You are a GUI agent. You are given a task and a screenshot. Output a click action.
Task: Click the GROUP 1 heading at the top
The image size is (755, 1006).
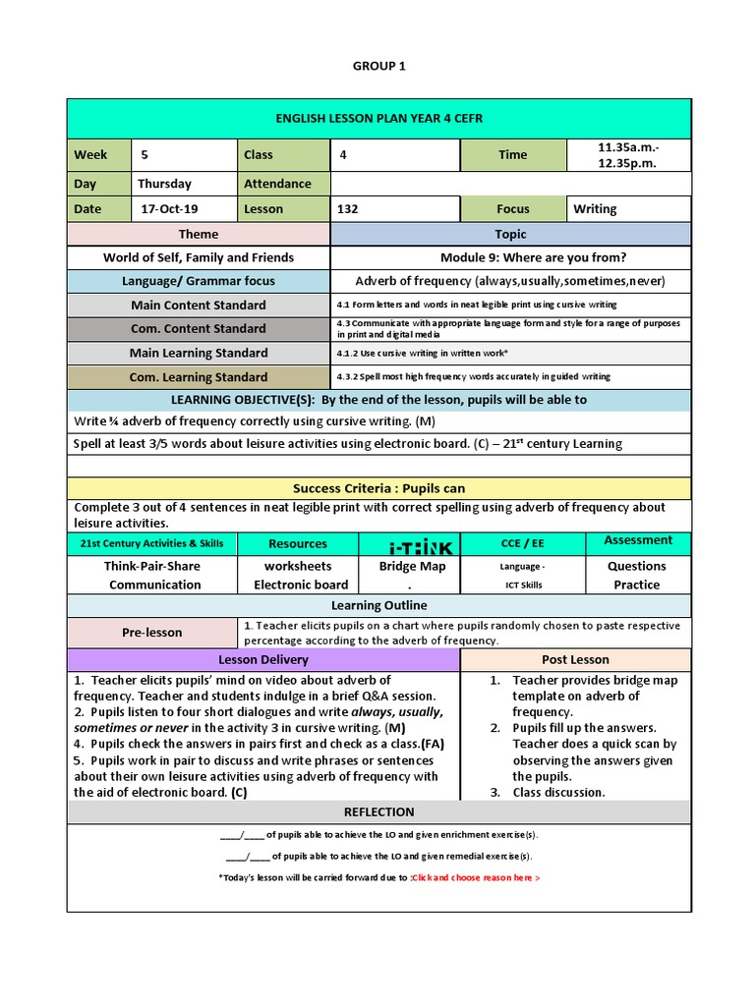(x=377, y=66)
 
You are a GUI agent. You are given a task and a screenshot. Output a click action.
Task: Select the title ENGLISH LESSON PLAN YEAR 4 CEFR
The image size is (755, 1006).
(x=378, y=119)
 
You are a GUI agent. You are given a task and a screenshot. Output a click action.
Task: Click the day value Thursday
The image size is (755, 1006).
(x=165, y=184)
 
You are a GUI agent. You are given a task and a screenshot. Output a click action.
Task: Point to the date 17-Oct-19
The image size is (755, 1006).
(x=170, y=209)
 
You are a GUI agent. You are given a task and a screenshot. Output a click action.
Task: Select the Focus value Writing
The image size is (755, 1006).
(x=595, y=209)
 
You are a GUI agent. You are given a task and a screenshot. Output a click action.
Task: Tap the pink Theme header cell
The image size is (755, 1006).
(x=199, y=235)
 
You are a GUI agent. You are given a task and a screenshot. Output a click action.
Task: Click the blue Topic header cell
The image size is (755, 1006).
(x=510, y=235)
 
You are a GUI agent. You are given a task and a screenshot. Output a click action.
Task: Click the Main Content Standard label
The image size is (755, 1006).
(x=199, y=305)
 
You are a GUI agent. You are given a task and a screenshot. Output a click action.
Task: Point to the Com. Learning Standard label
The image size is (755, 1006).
(x=199, y=377)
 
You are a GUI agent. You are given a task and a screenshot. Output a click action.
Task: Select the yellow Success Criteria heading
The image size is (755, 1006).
(x=378, y=488)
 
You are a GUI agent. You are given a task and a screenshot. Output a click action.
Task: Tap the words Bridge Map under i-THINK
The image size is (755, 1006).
(x=412, y=566)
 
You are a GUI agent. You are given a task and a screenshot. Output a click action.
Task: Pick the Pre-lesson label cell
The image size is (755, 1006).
(x=151, y=633)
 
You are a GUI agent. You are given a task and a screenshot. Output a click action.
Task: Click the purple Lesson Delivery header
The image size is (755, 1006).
(x=262, y=660)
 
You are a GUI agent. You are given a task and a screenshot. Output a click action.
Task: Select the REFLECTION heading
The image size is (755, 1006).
(x=378, y=812)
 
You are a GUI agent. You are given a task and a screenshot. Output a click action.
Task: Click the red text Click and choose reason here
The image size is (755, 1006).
(x=476, y=877)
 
